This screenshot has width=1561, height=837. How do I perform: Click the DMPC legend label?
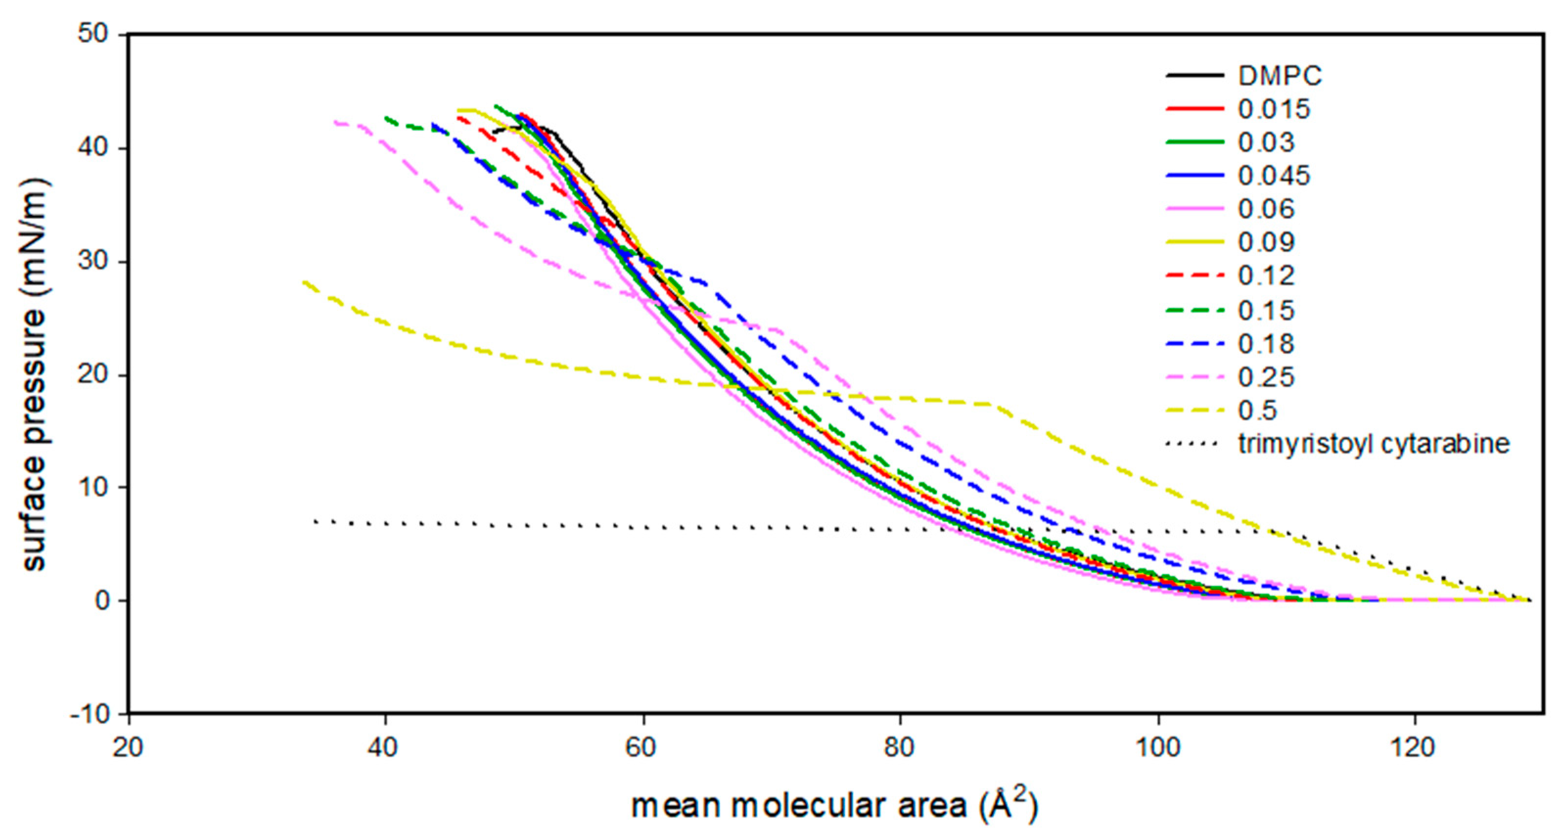pyautogui.click(x=1280, y=76)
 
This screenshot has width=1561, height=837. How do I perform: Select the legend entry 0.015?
pyautogui.click(x=1274, y=110)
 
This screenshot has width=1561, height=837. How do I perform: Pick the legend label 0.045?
pyautogui.click(x=1274, y=176)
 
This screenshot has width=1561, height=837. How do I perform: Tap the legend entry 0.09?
pyautogui.click(x=1266, y=242)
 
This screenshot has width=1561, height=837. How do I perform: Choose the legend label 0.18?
pyautogui.click(x=1266, y=344)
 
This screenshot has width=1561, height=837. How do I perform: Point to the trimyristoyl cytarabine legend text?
pyautogui.click(x=1373, y=444)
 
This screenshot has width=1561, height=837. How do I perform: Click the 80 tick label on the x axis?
pyautogui.click(x=899, y=748)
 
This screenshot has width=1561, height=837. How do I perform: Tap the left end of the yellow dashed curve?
pyautogui.click(x=303, y=282)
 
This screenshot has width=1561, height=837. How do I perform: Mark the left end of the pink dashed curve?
pyautogui.click(x=335, y=122)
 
